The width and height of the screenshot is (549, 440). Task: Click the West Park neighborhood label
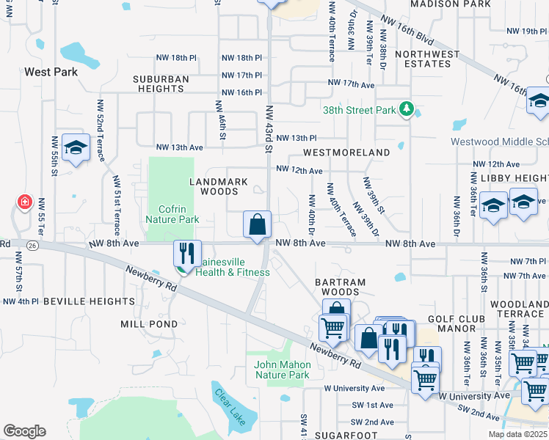[x=51, y=72]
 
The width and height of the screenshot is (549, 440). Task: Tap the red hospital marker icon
[x=24, y=202]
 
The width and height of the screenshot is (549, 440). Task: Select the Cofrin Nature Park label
[x=172, y=213]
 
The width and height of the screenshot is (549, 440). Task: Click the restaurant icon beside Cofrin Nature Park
[x=186, y=254]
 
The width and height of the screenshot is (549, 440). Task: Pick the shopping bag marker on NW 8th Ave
[x=258, y=224]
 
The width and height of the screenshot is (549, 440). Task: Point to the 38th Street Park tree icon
[x=406, y=110]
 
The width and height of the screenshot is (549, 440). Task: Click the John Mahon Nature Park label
[x=282, y=370]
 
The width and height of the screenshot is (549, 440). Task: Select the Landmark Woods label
[x=219, y=186]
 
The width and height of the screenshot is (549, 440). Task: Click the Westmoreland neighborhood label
[x=347, y=153]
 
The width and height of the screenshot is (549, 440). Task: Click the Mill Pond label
[x=149, y=323]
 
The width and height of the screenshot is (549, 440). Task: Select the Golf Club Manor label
[x=456, y=323]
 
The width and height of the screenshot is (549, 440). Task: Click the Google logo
[x=24, y=431]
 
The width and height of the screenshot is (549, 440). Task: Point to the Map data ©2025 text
[x=517, y=434]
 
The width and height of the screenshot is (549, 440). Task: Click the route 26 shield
[x=32, y=245]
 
